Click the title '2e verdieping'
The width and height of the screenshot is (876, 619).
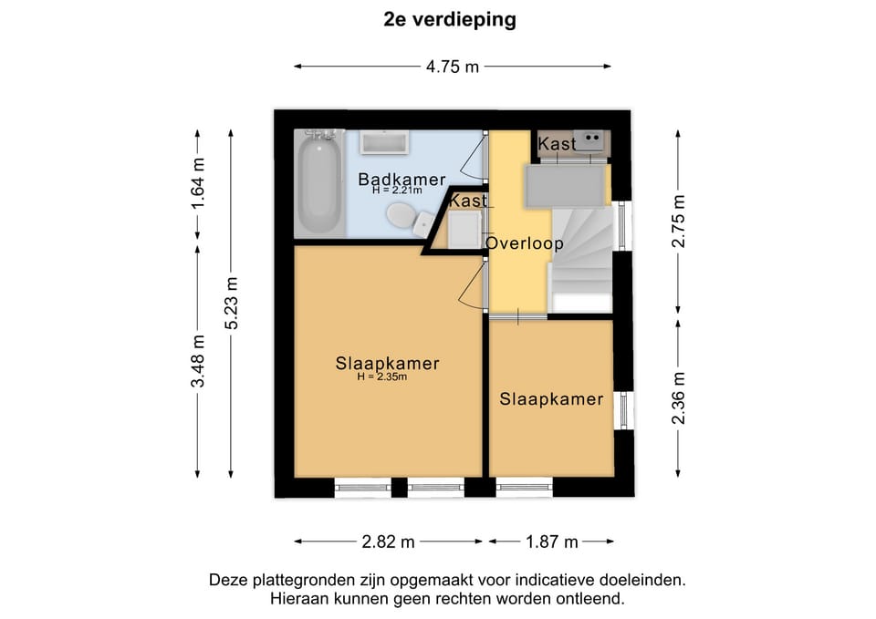450,20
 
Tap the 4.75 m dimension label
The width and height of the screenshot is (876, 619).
452,67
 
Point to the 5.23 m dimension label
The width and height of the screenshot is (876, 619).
232,303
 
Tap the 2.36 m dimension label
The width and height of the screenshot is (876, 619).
678,398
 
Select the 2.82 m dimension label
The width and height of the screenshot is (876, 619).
389,542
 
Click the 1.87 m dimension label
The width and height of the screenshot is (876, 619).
551,542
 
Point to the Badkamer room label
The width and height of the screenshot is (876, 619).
401,179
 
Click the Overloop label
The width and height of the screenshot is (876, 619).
525,243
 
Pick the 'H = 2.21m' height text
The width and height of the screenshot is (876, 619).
397,191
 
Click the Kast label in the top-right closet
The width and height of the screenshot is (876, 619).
557,144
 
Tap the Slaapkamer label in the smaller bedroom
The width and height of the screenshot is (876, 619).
551,399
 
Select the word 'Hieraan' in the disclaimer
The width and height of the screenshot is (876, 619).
297,599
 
